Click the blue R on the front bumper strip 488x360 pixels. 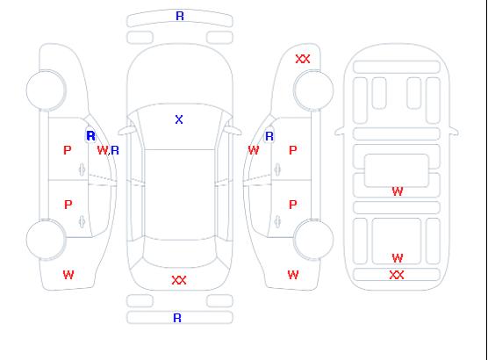(180, 16)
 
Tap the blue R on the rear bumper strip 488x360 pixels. (177, 318)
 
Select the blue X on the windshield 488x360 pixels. (179, 119)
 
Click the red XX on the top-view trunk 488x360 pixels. (179, 280)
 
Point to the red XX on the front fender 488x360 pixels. (303, 59)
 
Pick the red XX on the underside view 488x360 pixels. (397, 275)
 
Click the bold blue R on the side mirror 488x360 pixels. (91, 136)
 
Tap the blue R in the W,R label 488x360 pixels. (115, 150)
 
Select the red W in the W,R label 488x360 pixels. (102, 150)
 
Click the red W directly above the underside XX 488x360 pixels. (398, 258)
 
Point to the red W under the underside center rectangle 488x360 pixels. (398, 191)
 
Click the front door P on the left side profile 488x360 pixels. (68, 150)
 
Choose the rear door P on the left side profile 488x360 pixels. (68, 205)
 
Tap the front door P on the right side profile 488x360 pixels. (293, 150)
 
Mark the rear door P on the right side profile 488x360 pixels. (293, 205)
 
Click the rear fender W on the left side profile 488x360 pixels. (68, 275)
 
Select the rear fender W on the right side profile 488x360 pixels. (293, 275)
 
